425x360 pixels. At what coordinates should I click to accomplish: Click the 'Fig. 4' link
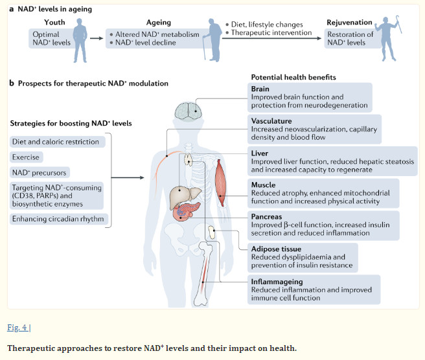click(18, 328)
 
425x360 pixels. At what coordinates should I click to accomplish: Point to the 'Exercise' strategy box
click(26, 157)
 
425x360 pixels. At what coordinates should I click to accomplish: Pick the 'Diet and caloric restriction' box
click(55, 141)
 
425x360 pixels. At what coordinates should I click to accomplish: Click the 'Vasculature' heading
click(271, 121)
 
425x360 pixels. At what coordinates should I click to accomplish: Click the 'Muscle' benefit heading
click(264, 184)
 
